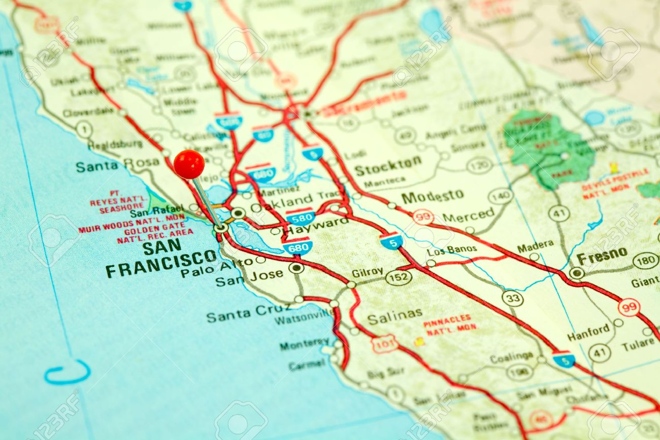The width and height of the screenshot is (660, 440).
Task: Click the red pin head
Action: click(189, 164)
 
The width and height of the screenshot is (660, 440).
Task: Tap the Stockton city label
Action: click(388, 166)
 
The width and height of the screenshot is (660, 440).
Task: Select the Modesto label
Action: click(432, 196)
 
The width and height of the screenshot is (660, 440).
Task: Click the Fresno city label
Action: click(602, 256)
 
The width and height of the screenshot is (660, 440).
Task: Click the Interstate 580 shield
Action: click(300, 217)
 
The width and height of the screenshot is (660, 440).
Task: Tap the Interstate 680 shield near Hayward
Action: click(298, 246)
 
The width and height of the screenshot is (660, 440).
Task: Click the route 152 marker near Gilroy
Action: click(398, 277)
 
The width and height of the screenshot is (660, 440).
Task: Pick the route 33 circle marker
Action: click(513, 298)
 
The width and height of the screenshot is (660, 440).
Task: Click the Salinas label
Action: click(394, 317)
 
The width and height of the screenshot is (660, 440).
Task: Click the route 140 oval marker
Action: click(500, 196)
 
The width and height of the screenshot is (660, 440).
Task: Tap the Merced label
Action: click(468, 215)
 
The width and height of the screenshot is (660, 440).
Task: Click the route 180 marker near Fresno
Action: click(645, 261)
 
